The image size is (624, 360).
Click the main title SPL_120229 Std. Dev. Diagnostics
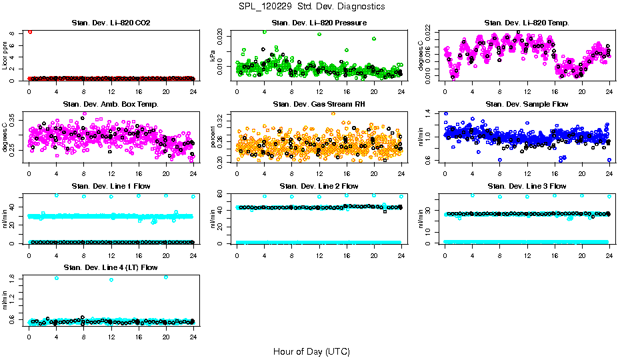[x=311, y=7]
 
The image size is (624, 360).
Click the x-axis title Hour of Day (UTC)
[x=311, y=351]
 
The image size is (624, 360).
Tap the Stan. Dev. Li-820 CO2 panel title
[x=111, y=23]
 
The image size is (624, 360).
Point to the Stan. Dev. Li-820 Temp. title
[x=527, y=23]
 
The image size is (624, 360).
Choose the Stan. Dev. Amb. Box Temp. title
[x=111, y=105]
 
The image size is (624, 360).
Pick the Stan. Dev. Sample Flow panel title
[x=527, y=105]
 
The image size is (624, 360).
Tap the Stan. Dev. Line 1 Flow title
[x=111, y=186]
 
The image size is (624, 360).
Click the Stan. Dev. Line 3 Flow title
[x=527, y=186]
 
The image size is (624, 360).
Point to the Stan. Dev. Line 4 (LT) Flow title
[x=111, y=267]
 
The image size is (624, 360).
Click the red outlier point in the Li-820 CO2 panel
[x=29, y=31]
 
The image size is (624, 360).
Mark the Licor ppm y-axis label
[x=5, y=55]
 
